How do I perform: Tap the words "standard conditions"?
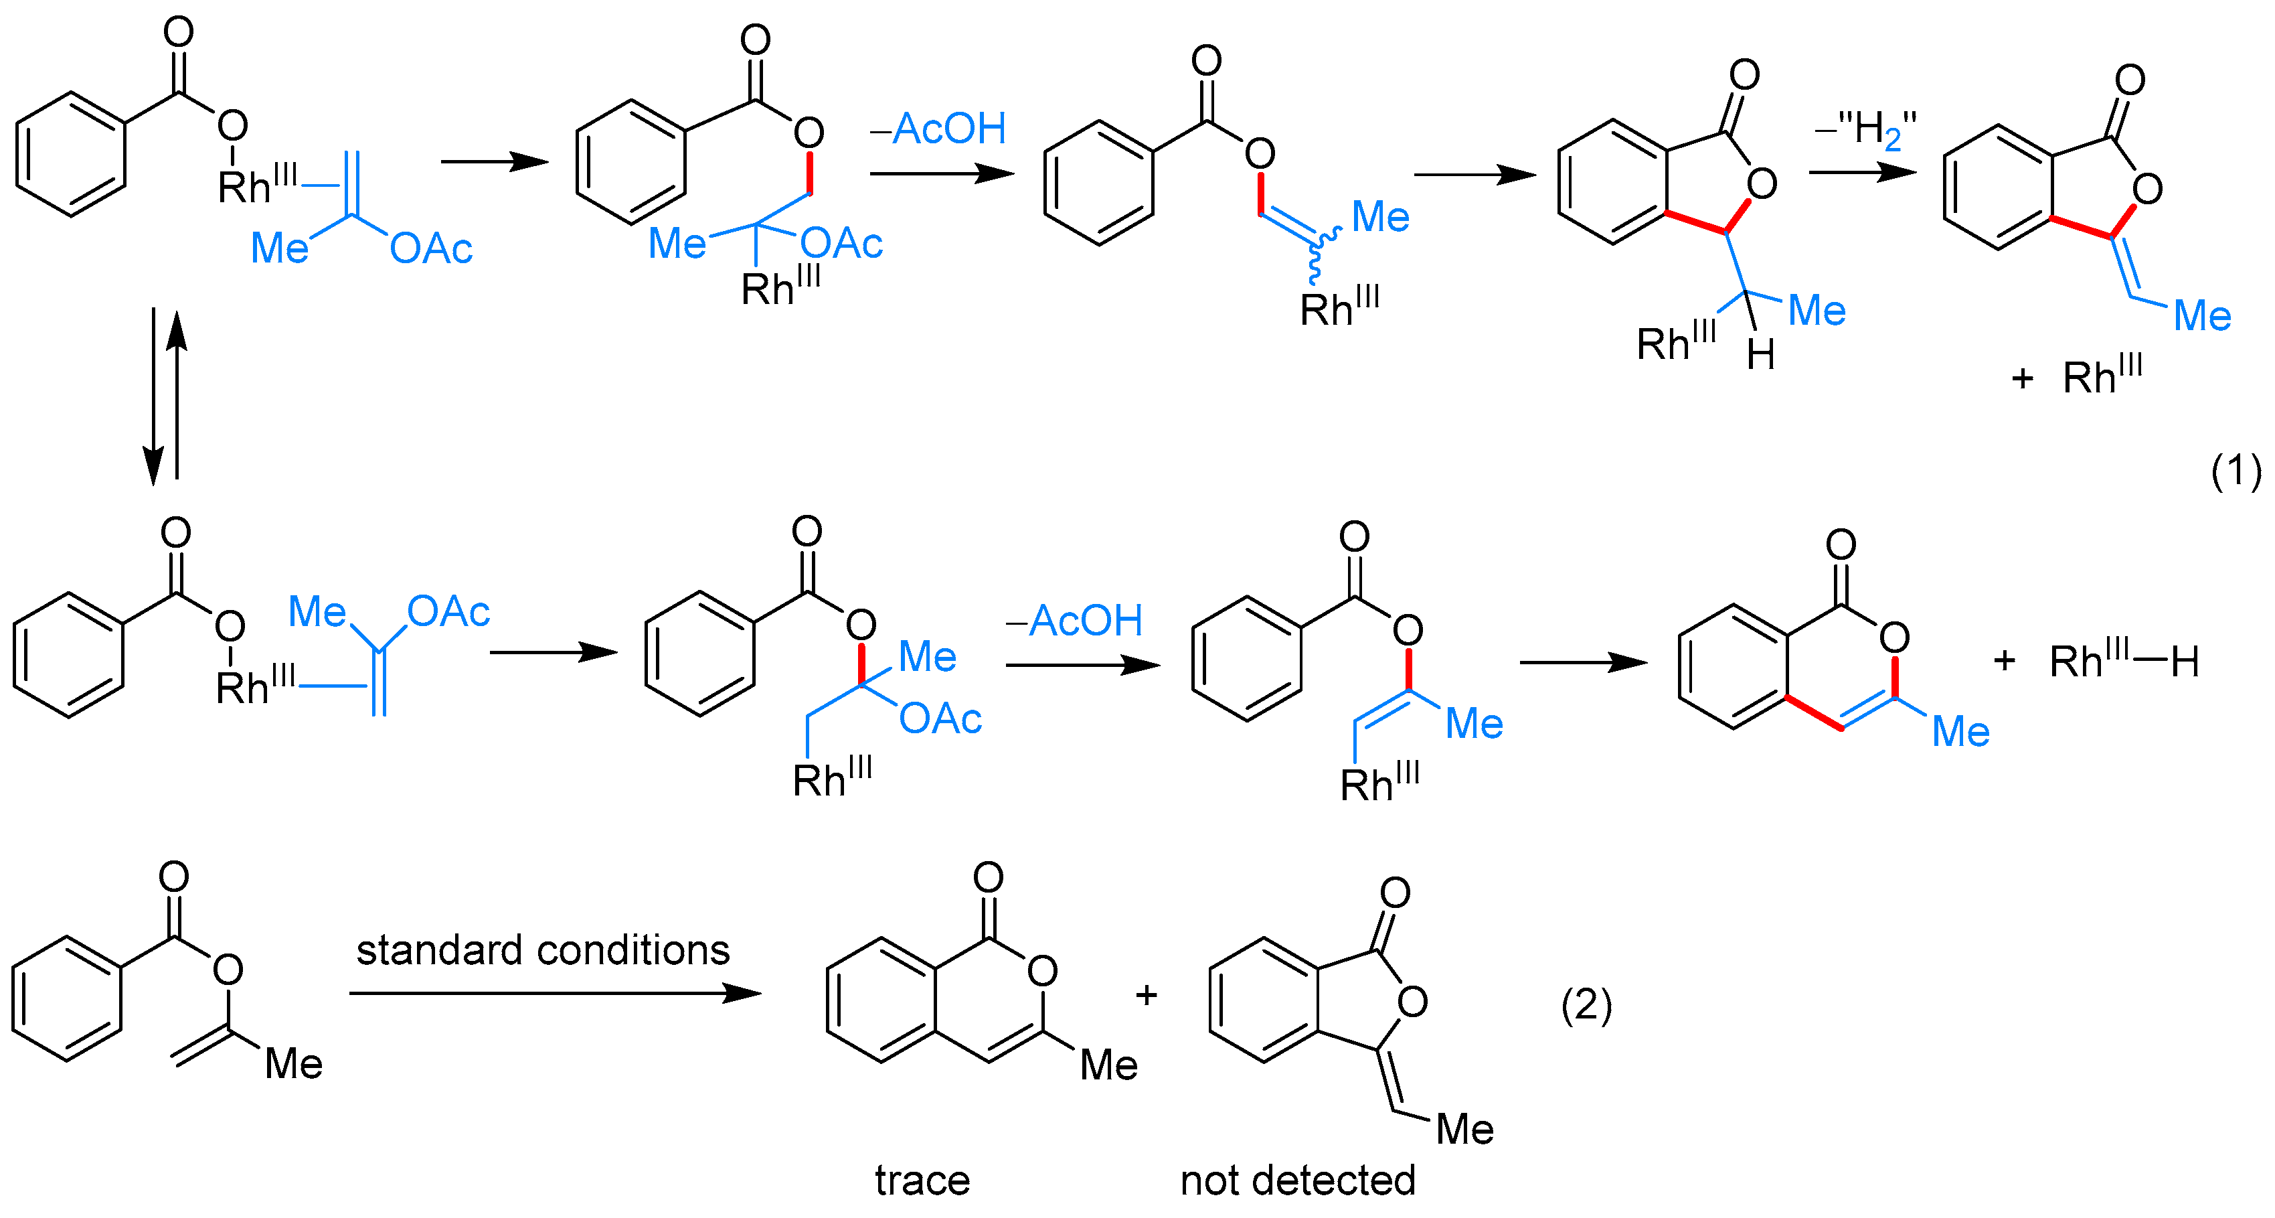[x=542, y=950]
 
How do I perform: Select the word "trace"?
[x=922, y=1180]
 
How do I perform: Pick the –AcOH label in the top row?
[x=938, y=129]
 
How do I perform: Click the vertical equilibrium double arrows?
[x=165, y=396]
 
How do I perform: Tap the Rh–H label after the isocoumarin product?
[x=2123, y=661]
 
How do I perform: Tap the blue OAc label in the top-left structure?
[x=431, y=248]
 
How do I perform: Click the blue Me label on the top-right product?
[x=2203, y=315]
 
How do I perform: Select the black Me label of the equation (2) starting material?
[x=293, y=1063]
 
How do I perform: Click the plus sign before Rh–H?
[x=2004, y=661]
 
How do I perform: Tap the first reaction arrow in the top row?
[x=495, y=161]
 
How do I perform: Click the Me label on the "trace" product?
[x=1108, y=1065]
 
